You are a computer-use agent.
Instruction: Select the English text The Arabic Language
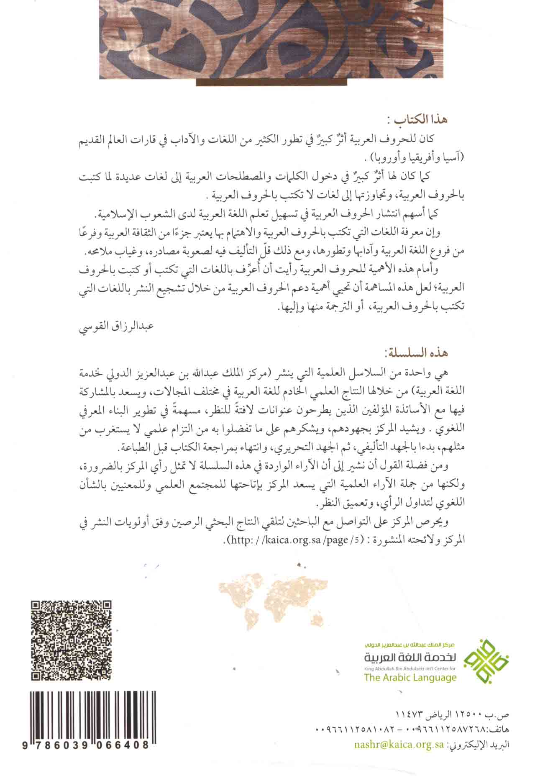coord(410,678)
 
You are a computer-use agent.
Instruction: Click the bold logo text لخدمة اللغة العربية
coord(410,657)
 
